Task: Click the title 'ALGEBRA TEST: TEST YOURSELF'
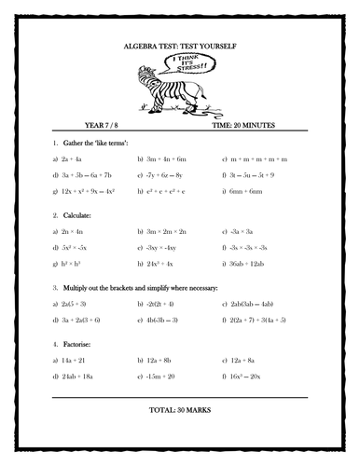click(x=179, y=45)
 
